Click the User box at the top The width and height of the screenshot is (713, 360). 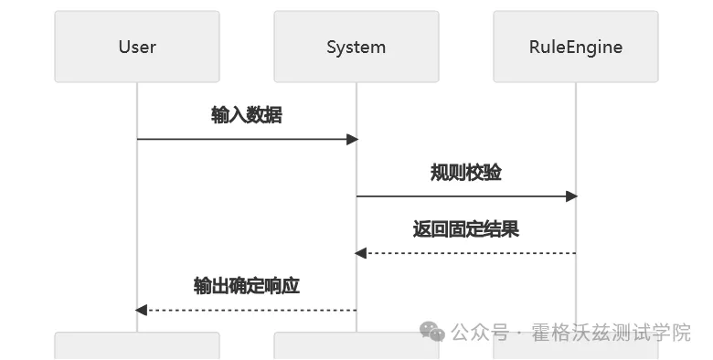pyautogui.click(x=137, y=47)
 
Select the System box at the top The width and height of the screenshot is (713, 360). pyautogui.click(x=356, y=47)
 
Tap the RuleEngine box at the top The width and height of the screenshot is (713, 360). pyautogui.click(x=575, y=47)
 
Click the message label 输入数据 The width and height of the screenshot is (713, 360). pyautogui.click(x=246, y=115)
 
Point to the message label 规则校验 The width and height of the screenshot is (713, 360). pyautogui.click(x=465, y=173)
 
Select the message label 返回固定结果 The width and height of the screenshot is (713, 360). pyautogui.click(x=465, y=229)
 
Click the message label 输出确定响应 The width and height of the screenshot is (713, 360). pyautogui.click(x=246, y=286)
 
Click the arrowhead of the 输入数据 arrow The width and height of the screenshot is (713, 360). pyautogui.click(x=352, y=139)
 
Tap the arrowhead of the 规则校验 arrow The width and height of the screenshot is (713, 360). pyautogui.click(x=571, y=196)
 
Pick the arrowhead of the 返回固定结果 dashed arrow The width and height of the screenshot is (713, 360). pyautogui.click(x=361, y=253)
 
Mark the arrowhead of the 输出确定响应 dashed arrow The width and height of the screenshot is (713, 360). pyautogui.click(x=142, y=310)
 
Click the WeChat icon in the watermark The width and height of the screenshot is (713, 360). pyautogui.click(x=432, y=332)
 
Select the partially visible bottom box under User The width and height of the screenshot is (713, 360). pyautogui.click(x=137, y=346)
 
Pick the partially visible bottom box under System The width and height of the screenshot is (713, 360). pyautogui.click(x=356, y=348)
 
